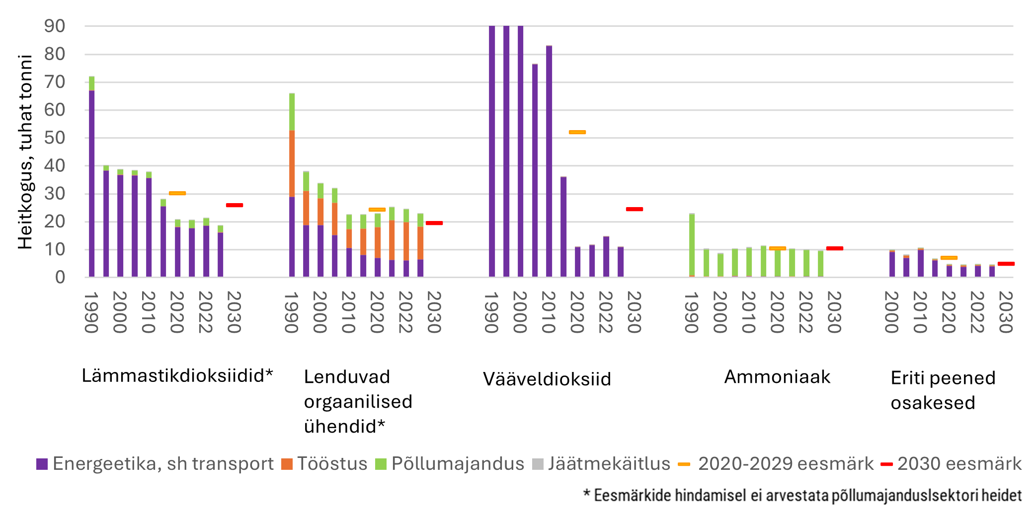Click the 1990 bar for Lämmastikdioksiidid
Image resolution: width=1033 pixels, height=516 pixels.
91,176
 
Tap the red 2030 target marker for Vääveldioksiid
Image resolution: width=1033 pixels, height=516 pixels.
635,209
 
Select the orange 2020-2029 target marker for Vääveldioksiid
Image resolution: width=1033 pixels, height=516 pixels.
577,132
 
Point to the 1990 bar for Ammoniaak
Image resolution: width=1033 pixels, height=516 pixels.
692,245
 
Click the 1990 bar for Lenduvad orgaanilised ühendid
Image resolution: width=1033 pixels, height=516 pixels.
292,185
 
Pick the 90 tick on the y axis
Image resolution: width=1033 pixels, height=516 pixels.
55,26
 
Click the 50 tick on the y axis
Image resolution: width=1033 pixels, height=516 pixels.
55,138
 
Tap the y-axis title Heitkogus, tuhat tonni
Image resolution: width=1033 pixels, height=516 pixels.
25,151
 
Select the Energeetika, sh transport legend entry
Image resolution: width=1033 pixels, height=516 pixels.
155,464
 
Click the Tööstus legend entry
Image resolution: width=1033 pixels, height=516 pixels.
324,464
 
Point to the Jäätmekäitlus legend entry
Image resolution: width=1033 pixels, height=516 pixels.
601,464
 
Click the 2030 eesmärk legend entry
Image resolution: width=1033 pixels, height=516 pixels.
951,464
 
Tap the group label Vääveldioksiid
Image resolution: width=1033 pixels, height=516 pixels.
547,379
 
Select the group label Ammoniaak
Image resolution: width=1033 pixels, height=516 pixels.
777,377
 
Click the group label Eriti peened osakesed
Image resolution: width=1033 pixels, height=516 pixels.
943,390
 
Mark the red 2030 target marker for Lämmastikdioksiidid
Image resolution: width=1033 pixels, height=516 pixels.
235,205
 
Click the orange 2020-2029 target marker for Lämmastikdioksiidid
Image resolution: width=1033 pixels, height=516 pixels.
177,193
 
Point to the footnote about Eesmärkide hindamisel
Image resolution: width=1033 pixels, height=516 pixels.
802,495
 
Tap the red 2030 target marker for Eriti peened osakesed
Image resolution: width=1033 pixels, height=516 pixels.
1006,264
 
